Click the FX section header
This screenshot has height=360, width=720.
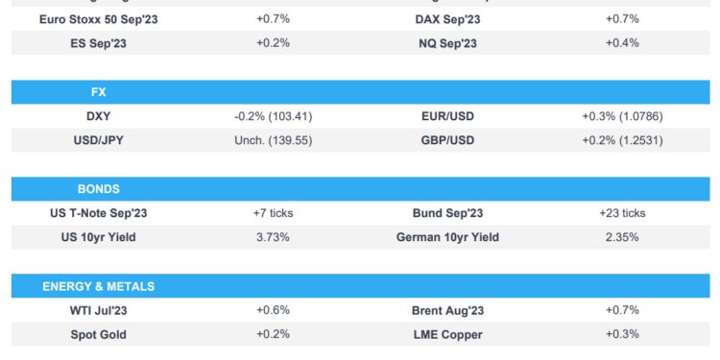coord(96,93)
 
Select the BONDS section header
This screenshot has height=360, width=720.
coord(99,189)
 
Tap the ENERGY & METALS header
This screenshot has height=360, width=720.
coord(99,286)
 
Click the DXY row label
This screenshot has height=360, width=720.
coord(99,116)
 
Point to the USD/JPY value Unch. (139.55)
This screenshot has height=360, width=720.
coord(273,140)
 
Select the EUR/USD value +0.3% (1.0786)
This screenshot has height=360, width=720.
coord(622,116)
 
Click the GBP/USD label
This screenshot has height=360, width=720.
coord(447,140)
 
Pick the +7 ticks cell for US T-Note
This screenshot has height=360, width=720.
coord(273,213)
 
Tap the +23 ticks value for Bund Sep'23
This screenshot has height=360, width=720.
coord(622,213)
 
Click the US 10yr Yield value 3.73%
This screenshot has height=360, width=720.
coord(273,237)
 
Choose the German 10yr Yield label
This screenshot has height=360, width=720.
coord(447,237)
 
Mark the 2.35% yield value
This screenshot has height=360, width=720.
coord(622,237)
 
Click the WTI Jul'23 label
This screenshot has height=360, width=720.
coord(99,310)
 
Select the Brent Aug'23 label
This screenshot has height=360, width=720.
coord(447,310)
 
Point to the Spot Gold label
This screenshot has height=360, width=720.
coord(99,334)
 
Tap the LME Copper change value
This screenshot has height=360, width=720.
coord(622,334)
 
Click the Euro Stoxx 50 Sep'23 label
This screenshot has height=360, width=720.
coord(99,19)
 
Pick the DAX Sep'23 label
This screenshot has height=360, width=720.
coord(447,19)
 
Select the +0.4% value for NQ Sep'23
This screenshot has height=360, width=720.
coord(622,43)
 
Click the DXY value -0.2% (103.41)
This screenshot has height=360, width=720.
coord(273,116)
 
